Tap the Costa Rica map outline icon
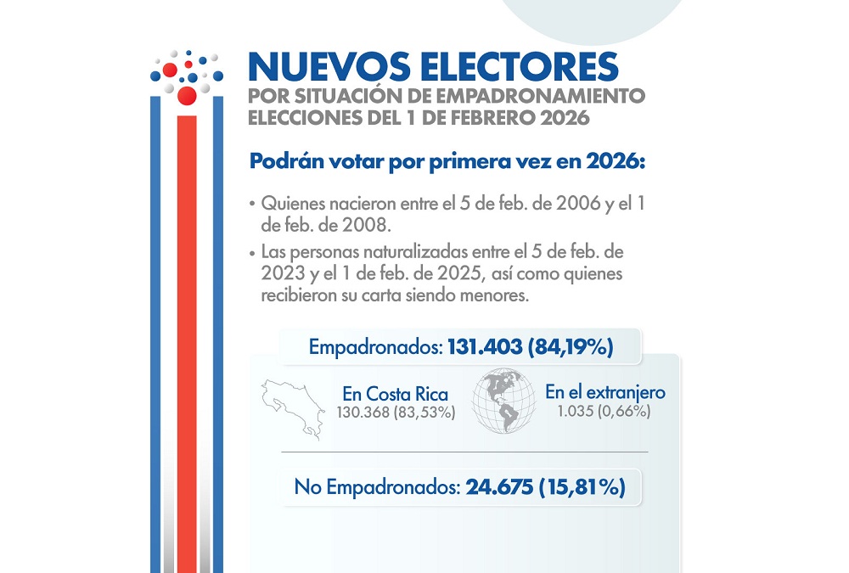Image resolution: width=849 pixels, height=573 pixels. pyautogui.click(x=289, y=407)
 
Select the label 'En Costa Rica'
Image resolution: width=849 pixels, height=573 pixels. pyautogui.click(x=395, y=395)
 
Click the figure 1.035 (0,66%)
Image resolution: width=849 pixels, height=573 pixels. pyautogui.click(x=604, y=411)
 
